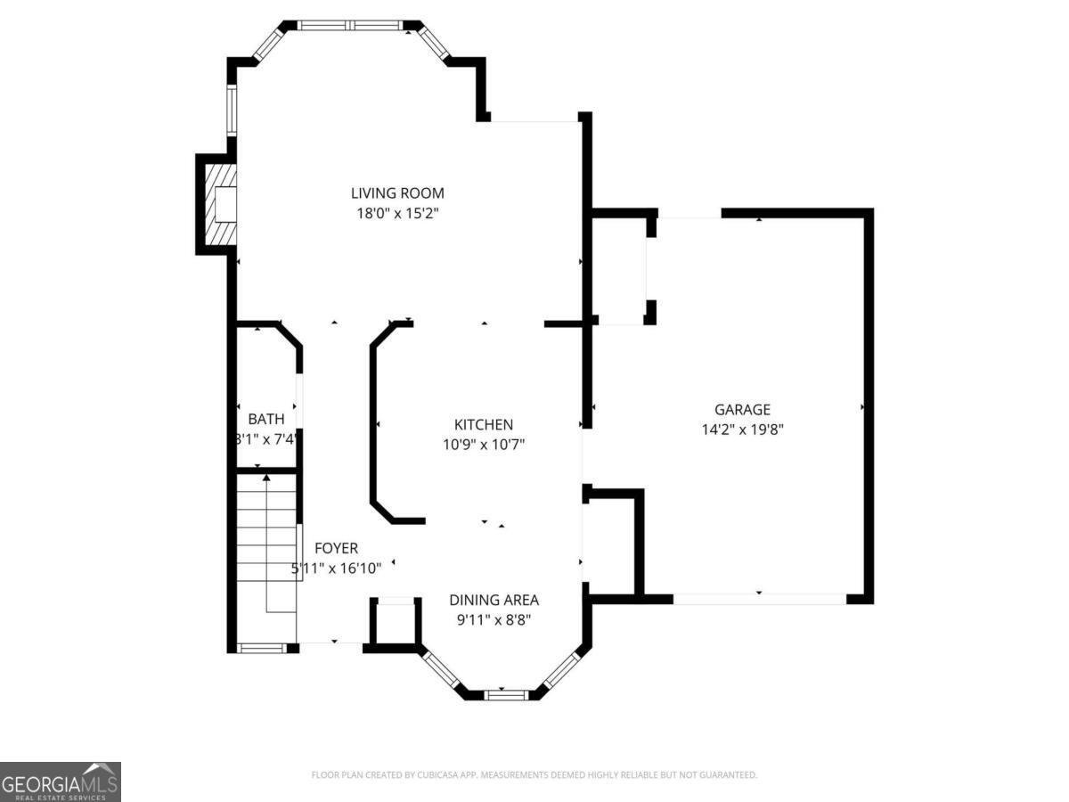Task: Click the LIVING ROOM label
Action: tap(396, 192)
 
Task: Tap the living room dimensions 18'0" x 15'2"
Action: tap(396, 213)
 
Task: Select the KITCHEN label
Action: tap(483, 425)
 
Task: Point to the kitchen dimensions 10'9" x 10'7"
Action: tap(483, 445)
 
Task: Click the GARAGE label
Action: tap(742, 410)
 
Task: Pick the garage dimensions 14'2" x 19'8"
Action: tap(742, 429)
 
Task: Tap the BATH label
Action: tap(265, 419)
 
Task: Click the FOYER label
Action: tap(336, 549)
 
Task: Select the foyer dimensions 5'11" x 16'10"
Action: tap(336, 569)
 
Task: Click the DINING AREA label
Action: tap(494, 600)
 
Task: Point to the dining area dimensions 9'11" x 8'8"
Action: tap(494, 619)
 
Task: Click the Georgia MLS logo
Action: tap(60, 782)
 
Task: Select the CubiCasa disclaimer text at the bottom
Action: tap(534, 775)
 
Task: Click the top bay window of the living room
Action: tap(350, 25)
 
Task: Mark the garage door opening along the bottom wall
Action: tap(759, 599)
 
